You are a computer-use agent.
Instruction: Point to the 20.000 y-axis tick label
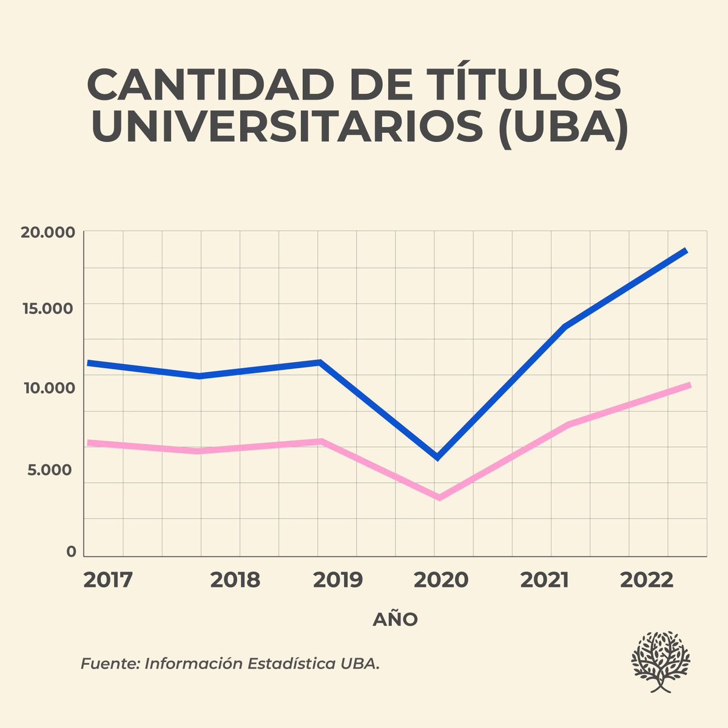(47, 233)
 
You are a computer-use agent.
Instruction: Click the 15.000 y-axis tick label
(47, 309)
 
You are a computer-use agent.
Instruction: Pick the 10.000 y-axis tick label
(47, 388)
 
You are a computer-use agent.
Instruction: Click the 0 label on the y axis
(72, 551)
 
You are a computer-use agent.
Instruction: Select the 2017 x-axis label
(107, 580)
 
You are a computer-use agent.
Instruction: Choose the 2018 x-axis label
(235, 580)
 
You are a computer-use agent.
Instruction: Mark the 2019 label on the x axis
(337, 580)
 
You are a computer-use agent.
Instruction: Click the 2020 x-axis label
(441, 580)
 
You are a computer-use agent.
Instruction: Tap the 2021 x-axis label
(545, 580)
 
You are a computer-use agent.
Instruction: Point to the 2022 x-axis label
(646, 580)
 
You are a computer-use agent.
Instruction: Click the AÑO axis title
(395, 619)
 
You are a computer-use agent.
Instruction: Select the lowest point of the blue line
(437, 457)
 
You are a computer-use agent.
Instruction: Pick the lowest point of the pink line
(438, 497)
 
